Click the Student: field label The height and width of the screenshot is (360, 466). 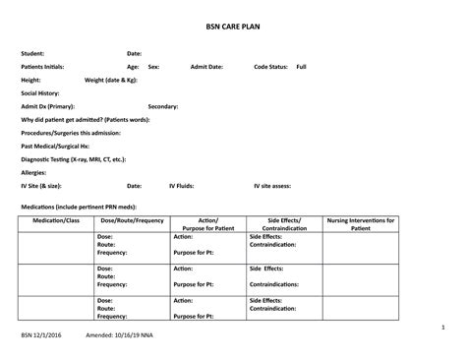[33, 53]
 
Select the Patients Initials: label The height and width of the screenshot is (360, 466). [44, 66]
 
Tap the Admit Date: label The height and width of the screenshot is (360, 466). [206, 66]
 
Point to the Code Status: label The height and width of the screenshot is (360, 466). [271, 66]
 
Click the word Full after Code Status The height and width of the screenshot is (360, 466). [301, 66]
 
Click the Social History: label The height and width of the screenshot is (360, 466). [42, 92]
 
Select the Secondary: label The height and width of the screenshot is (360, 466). [163, 105]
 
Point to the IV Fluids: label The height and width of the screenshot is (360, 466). [182, 185]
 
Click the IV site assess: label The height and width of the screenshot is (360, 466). [272, 185]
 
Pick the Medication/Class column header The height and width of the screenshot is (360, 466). [56, 220]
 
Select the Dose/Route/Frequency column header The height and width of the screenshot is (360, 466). [132, 220]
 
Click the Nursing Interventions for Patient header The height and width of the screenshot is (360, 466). [361, 224]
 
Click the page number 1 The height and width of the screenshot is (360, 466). [443, 326]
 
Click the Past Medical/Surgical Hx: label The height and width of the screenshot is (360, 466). [55, 145]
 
